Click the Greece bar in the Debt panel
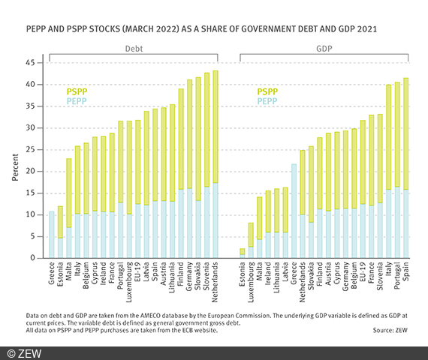(52, 234)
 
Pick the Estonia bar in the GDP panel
(242, 253)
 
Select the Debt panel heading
(134, 47)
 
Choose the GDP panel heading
(324, 47)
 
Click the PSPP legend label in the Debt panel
(77, 90)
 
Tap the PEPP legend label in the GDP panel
(268, 100)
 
